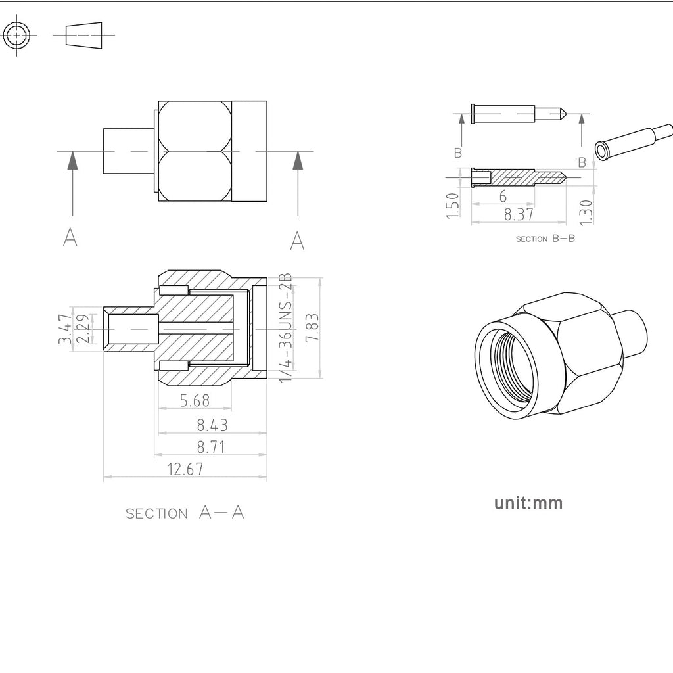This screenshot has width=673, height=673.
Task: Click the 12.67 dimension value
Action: pyautogui.click(x=185, y=469)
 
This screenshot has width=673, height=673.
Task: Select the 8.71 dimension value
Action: pyautogui.click(x=211, y=447)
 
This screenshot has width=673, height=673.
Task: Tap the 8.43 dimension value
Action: pyautogui.click(x=212, y=425)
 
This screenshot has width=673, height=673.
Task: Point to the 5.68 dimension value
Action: pyautogui.click(x=195, y=400)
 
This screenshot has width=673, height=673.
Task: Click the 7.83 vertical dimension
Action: pyautogui.click(x=312, y=327)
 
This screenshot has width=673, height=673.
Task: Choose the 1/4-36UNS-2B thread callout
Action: pyautogui.click(x=286, y=327)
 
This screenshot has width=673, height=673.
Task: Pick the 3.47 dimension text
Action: pyautogui.click(x=66, y=329)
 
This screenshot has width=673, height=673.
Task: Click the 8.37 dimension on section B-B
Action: pyautogui.click(x=519, y=214)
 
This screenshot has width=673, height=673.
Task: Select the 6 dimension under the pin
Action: pyautogui.click(x=503, y=196)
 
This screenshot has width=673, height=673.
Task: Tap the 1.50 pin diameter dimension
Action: pyautogui.click(x=452, y=206)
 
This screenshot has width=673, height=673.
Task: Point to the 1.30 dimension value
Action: pyautogui.click(x=586, y=212)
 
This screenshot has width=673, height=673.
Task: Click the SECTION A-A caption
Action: pyautogui.click(x=185, y=513)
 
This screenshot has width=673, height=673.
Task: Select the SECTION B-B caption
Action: pyautogui.click(x=545, y=239)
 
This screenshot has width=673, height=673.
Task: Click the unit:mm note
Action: pyautogui.click(x=528, y=503)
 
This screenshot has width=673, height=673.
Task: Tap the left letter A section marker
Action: pyautogui.click(x=70, y=237)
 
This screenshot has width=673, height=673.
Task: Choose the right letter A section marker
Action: pyautogui.click(x=297, y=241)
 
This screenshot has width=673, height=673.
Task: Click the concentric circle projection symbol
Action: pyautogui.click(x=16, y=35)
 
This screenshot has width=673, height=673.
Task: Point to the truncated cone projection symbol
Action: pyautogui.click(x=84, y=34)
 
